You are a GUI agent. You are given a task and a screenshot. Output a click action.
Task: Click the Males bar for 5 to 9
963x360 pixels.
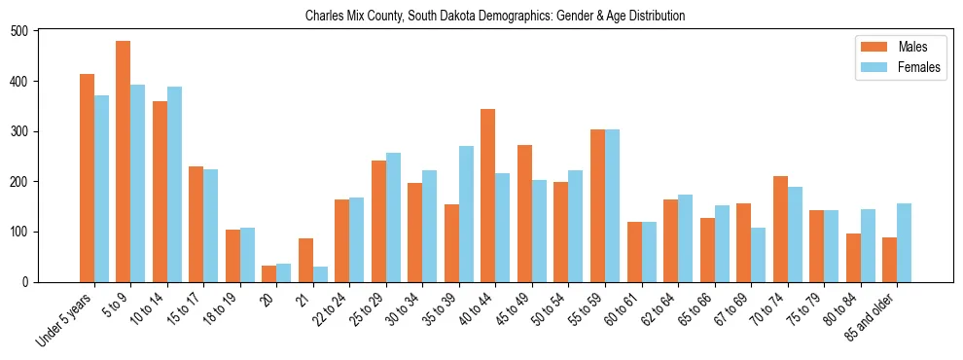pyautogui.click(x=124, y=162)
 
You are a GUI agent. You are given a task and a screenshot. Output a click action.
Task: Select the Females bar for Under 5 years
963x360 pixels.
pyautogui.click(x=101, y=189)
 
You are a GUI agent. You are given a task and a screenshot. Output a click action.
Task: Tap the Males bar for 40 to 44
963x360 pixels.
pyautogui.click(x=488, y=196)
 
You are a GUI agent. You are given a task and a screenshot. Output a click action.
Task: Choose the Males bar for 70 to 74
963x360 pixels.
pyautogui.click(x=780, y=229)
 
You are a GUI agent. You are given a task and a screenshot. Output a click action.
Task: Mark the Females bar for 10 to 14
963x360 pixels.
pyautogui.click(x=174, y=185)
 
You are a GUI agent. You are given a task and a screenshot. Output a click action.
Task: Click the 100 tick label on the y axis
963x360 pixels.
pyautogui.click(x=27, y=232)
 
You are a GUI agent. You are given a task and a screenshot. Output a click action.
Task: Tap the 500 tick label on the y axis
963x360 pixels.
pyautogui.click(x=27, y=31)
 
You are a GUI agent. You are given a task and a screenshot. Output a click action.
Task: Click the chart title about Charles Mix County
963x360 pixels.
pyautogui.click(x=494, y=17)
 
